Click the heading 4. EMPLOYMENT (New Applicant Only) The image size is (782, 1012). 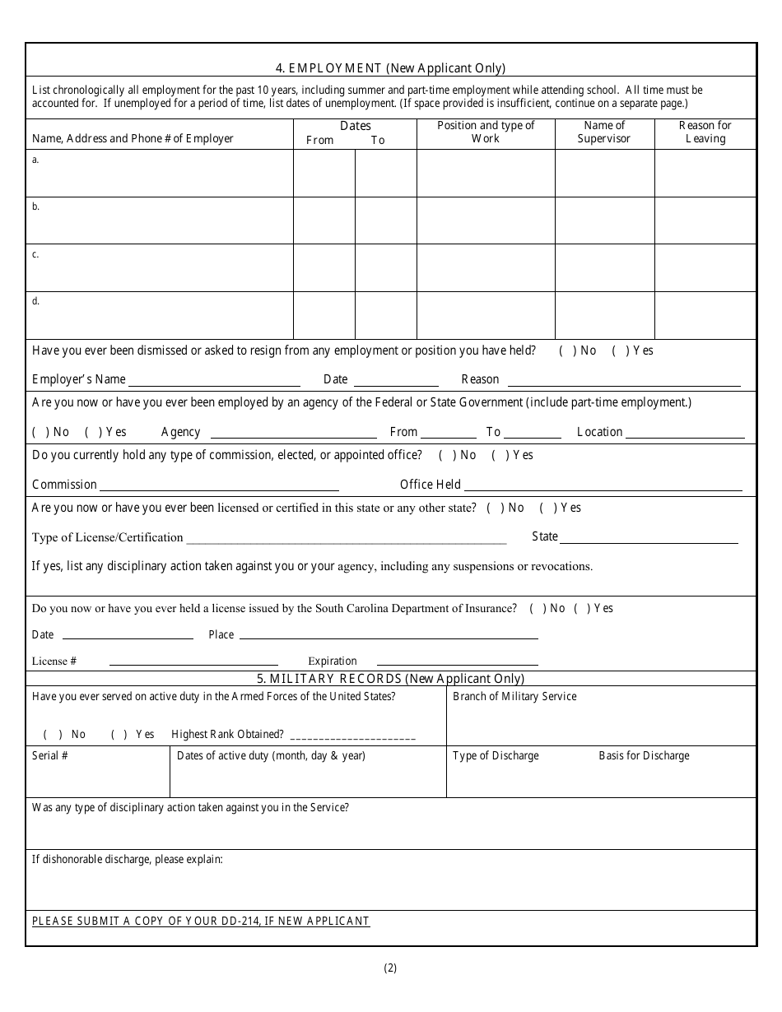(390, 68)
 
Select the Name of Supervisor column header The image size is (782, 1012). (604, 132)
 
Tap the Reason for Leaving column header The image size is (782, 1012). (705, 132)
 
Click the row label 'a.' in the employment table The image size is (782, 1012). (35, 160)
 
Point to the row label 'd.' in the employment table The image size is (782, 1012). (35, 301)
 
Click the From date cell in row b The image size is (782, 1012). (324, 221)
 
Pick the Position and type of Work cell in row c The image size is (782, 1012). (485, 267)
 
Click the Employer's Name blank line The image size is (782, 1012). (214, 380)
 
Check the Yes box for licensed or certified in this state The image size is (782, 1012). (548, 508)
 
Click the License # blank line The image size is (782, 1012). (193, 662)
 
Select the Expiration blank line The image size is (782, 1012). (457, 662)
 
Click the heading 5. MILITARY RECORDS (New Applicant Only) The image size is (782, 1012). (390, 679)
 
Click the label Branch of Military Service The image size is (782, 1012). (514, 696)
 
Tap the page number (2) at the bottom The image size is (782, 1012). (390, 968)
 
